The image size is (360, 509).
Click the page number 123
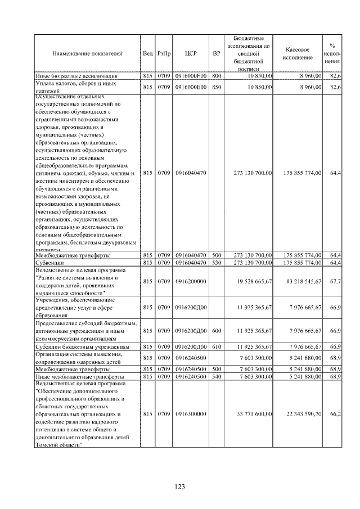pyautogui.click(x=180, y=487)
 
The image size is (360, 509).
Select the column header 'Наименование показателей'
pyautogui.click(x=87, y=54)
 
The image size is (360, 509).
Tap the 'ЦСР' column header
pyautogui.click(x=190, y=54)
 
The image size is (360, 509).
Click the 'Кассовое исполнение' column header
pyautogui.click(x=298, y=54)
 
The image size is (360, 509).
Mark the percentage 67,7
pyautogui.click(x=336, y=281)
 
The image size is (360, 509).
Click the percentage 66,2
pyautogui.click(x=336, y=414)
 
